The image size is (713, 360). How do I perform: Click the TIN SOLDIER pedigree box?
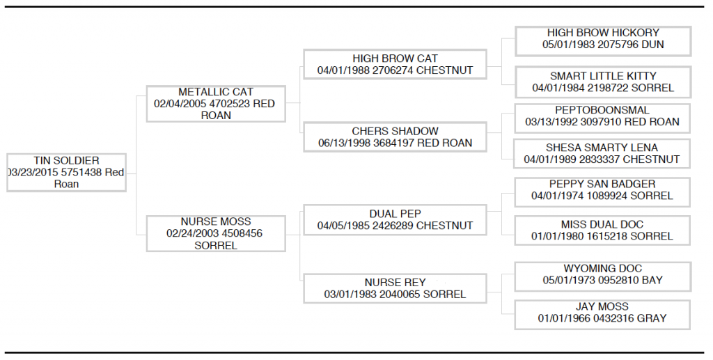[x=66, y=172]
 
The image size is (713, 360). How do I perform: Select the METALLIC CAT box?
[x=216, y=104]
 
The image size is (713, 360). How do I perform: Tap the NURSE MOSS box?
[x=216, y=234]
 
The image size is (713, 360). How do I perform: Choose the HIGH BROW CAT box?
[x=395, y=64]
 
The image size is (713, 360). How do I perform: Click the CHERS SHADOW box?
[x=395, y=136]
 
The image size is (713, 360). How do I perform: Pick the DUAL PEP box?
[x=395, y=219]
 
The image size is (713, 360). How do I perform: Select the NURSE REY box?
[x=395, y=288]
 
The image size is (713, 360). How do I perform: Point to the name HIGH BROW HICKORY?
[x=603, y=33]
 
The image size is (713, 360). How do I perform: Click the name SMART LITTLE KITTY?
[x=603, y=76]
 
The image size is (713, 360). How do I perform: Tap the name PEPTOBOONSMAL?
[x=602, y=110]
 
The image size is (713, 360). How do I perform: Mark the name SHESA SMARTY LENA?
[x=602, y=148]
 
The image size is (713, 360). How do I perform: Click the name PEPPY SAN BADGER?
[x=602, y=184]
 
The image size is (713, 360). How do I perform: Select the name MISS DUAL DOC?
[x=602, y=224]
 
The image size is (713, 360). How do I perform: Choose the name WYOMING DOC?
[x=603, y=268]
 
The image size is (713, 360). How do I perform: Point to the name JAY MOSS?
[x=602, y=306]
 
